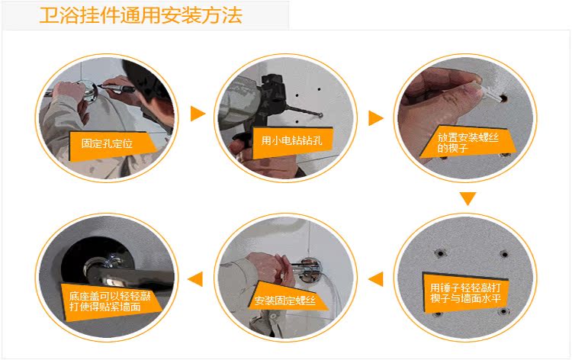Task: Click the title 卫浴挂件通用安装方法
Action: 141,15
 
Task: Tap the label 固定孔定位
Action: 107,143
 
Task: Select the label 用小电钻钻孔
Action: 291,140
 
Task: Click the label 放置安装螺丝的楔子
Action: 468,143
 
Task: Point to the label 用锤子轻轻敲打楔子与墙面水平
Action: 465,293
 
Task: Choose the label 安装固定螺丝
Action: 285,301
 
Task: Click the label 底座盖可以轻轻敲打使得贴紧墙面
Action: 110,301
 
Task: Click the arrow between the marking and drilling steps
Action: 198,114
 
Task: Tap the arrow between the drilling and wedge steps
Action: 376,117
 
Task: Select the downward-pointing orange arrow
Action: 468,198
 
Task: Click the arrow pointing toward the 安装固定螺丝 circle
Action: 376,279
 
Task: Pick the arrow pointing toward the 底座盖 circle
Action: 195,279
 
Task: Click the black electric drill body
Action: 272,92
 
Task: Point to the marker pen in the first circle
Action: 115,88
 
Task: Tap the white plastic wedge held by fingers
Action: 491,93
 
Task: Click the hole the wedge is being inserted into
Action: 504,98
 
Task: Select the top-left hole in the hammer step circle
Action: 440,252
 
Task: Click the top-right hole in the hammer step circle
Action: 504,254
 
